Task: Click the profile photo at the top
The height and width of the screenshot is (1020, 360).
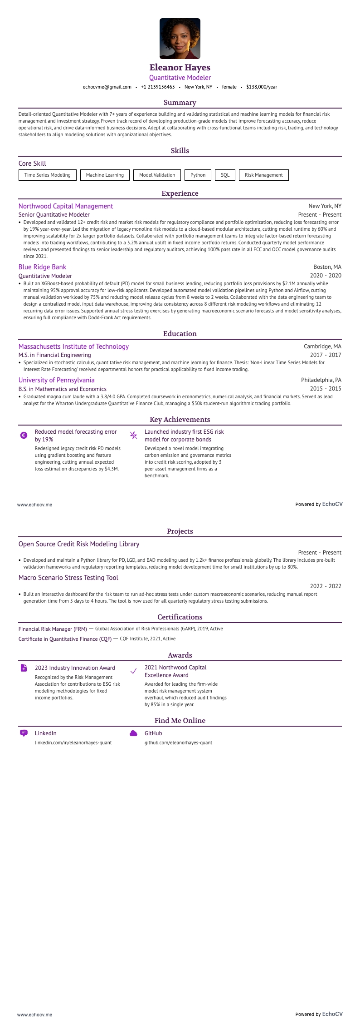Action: pyautogui.click(x=180, y=39)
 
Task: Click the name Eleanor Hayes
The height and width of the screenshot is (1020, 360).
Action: pyautogui.click(x=180, y=68)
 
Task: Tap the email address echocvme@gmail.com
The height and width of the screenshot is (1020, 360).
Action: pyautogui.click(x=107, y=87)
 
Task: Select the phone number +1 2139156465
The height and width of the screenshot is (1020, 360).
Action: pyautogui.click(x=158, y=87)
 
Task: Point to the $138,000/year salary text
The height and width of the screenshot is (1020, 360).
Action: pyautogui.click(x=262, y=87)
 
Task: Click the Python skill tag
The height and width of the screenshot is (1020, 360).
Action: pyautogui.click(x=198, y=175)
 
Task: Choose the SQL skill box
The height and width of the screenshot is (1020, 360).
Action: pyautogui.click(x=225, y=175)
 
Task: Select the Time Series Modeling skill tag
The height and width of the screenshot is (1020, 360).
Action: pyautogui.click(x=48, y=175)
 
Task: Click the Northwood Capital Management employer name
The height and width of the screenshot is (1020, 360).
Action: pyautogui.click(x=66, y=206)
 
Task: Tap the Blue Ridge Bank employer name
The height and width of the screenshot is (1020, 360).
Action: pyautogui.click(x=42, y=267)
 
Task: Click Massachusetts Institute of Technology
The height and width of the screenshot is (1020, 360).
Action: pyautogui.click(x=73, y=347)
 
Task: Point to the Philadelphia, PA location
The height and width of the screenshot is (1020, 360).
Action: pyautogui.click(x=321, y=380)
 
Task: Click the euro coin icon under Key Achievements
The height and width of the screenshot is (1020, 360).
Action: pyautogui.click(x=24, y=435)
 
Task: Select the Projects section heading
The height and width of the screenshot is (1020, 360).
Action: pyautogui.click(x=180, y=531)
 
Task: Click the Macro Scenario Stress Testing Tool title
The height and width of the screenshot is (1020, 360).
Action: pyautogui.click(x=68, y=578)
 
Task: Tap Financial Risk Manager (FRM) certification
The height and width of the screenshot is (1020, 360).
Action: pyautogui.click(x=53, y=629)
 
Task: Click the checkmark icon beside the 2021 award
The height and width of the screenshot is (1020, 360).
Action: pyautogui.click(x=133, y=671)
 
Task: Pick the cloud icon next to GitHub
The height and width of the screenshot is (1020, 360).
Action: pyautogui.click(x=133, y=733)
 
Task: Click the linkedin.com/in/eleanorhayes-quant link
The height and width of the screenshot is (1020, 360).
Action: pyautogui.click(x=73, y=743)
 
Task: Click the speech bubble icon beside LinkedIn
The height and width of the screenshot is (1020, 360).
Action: pyautogui.click(x=24, y=733)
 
